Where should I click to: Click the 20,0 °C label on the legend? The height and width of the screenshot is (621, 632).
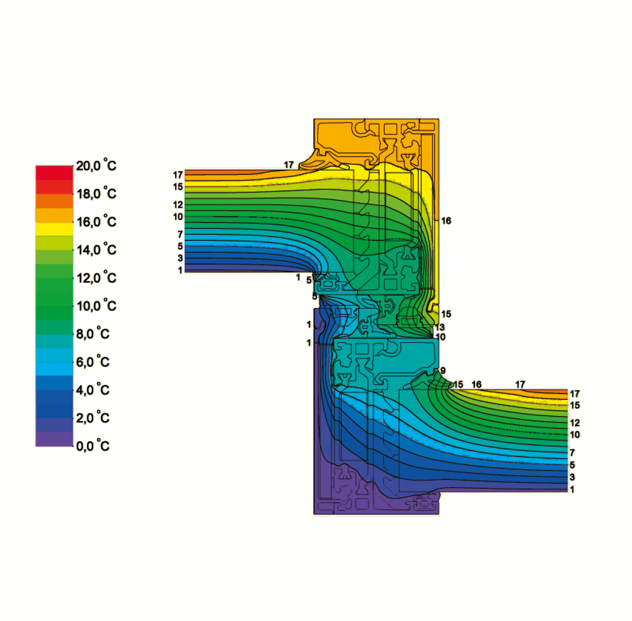tap(96, 165)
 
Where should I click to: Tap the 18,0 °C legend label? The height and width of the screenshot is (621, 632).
tap(96, 194)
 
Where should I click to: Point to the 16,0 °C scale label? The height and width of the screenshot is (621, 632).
tap(96, 222)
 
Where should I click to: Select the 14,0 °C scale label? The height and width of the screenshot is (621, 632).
tap(96, 249)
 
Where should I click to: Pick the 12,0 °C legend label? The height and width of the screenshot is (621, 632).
tap(96, 278)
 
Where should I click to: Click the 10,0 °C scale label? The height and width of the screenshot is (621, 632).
tap(96, 305)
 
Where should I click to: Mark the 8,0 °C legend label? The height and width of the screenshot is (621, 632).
tap(93, 334)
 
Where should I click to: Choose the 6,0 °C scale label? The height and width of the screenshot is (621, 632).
tap(93, 362)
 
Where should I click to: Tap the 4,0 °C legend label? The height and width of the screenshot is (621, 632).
tap(93, 390)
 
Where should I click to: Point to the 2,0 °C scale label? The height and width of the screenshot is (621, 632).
tap(93, 418)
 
